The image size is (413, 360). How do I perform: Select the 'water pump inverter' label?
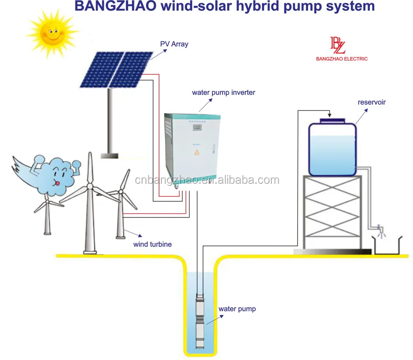click(224, 92)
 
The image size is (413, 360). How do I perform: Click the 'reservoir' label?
click(372, 102)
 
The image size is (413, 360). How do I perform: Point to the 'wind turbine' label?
click(152, 244)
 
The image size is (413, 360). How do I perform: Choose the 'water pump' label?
click(237, 309)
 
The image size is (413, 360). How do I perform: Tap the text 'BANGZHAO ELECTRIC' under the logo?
click(342, 59)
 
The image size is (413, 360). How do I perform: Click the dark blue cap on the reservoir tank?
click(332, 120)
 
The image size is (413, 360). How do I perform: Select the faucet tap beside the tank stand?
click(379, 228)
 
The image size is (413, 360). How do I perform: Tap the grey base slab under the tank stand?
click(332, 251)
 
